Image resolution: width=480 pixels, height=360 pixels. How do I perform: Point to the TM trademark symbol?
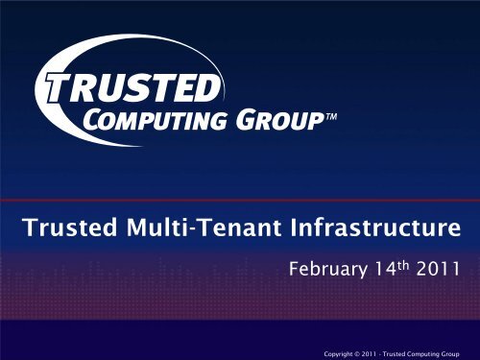329,118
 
